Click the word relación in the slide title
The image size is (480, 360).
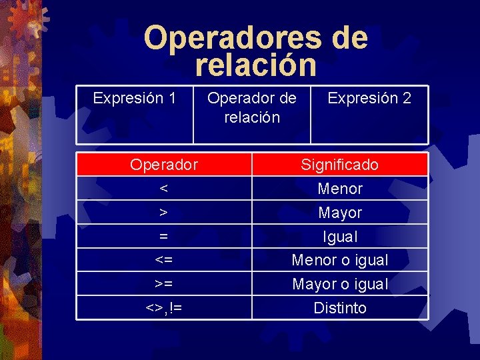click(256, 65)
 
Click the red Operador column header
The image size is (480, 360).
click(164, 164)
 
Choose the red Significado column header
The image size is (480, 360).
click(339, 164)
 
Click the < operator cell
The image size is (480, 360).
click(164, 189)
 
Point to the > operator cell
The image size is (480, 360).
click(164, 213)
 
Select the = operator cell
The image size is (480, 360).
click(164, 237)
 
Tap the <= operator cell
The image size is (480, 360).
click(164, 260)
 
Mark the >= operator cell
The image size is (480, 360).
click(164, 284)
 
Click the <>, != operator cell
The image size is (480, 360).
click(164, 308)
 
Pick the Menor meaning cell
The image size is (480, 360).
click(339, 189)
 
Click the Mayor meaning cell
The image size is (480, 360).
click(339, 213)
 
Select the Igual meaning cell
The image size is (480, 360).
click(339, 237)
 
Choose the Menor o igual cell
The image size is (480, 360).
click(339, 260)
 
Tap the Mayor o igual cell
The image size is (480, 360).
click(339, 284)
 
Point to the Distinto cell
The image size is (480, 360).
click(339, 308)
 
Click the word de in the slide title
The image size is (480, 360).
click(349, 38)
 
